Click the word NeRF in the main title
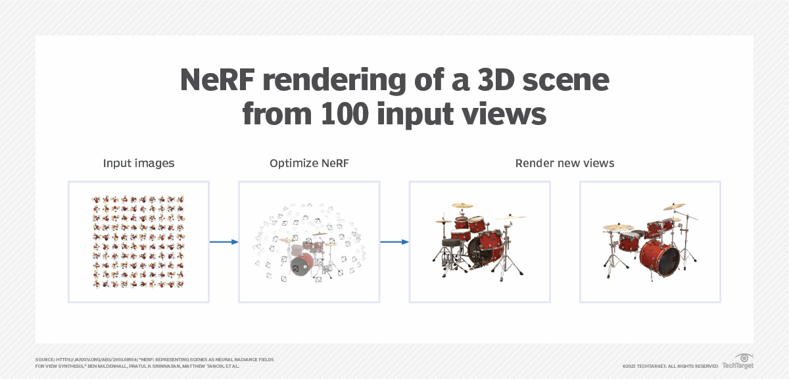[217, 80]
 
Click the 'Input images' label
[139, 163]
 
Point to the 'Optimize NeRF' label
[309, 163]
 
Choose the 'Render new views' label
[565, 163]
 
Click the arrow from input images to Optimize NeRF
[224, 242]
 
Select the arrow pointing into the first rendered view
[394, 242]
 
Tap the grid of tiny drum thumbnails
[139, 242]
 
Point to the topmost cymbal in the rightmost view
[674, 207]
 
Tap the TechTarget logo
[738, 361]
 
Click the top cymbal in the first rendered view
[462, 205]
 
